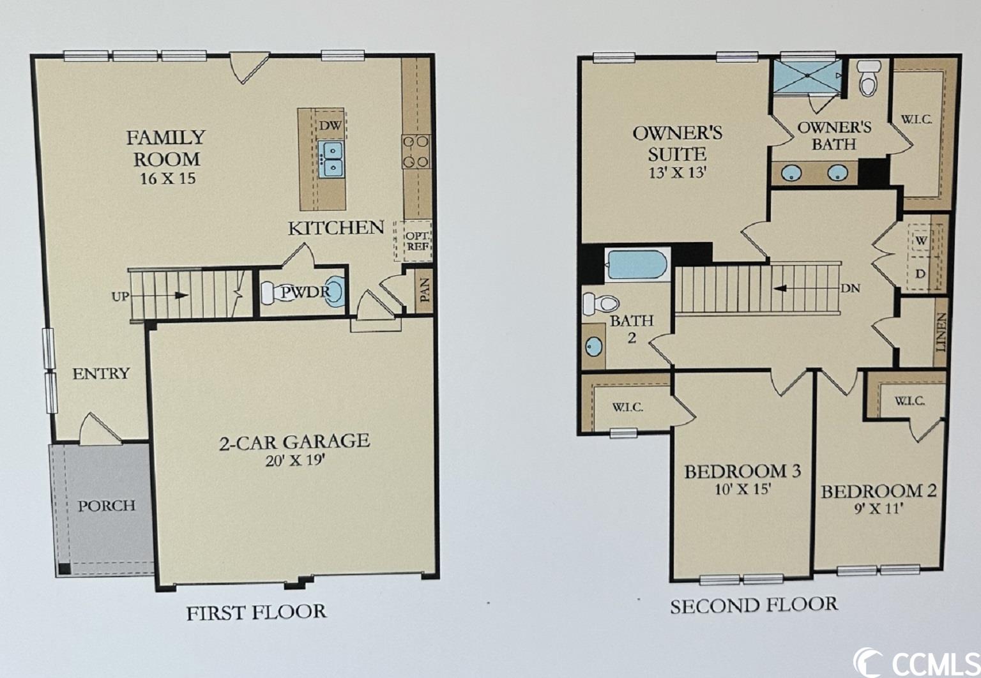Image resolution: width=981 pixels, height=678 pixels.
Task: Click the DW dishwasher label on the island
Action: (330, 126)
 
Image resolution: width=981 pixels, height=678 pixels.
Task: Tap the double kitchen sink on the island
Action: (331, 159)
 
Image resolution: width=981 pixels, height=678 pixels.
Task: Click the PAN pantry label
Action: (424, 290)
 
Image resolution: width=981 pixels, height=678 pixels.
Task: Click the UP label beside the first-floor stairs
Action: (120, 296)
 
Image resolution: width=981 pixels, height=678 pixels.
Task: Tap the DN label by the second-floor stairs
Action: (850, 289)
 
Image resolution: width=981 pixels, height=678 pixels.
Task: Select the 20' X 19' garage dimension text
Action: (296, 460)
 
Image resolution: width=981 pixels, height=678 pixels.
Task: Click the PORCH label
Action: (107, 506)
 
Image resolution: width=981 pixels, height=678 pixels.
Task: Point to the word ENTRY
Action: (101, 373)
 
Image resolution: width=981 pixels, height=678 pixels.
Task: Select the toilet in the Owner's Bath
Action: (869, 78)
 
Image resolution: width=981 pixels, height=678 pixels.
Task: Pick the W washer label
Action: (922, 241)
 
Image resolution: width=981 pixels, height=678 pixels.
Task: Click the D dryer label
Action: (920, 274)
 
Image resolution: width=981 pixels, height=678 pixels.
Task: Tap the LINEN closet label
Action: (941, 333)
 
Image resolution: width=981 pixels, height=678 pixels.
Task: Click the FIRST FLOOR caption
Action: (257, 612)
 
